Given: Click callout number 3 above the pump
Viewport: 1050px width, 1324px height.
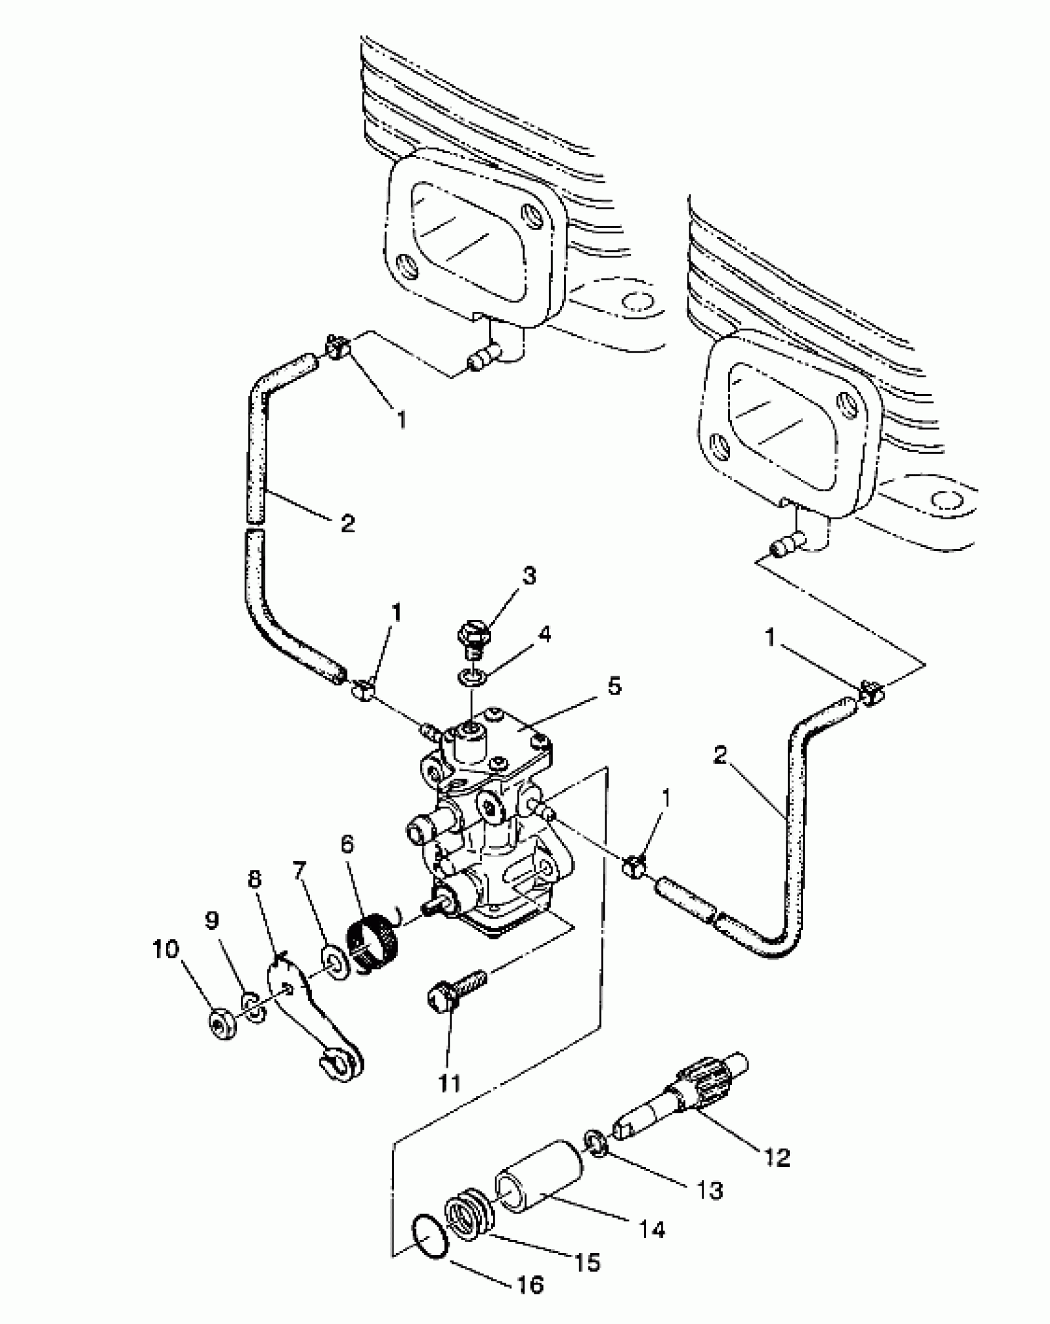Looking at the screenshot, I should click(527, 576).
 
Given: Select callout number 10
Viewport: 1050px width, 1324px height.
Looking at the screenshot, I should click(166, 949).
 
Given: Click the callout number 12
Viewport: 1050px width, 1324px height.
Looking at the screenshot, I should click(776, 1157).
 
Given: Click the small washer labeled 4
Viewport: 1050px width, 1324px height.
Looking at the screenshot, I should click(472, 678).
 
